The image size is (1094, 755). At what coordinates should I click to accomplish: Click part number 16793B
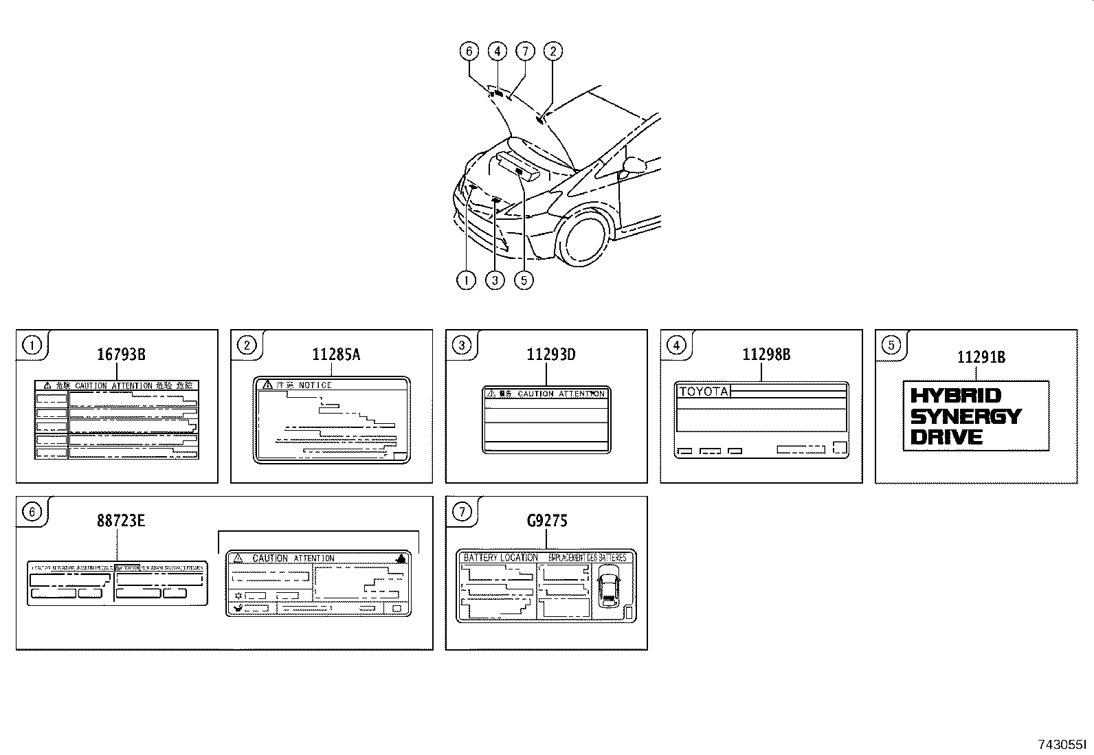click(x=121, y=354)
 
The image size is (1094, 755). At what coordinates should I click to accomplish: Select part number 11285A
click(x=336, y=354)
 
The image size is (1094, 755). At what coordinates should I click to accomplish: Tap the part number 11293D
click(x=551, y=354)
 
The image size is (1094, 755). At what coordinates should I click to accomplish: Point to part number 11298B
click(x=766, y=354)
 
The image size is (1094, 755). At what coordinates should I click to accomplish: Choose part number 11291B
click(x=981, y=357)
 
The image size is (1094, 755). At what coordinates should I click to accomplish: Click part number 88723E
click(x=121, y=521)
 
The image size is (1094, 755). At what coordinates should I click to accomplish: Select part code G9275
click(x=547, y=521)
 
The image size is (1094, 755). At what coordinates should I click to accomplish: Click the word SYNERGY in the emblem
click(x=965, y=416)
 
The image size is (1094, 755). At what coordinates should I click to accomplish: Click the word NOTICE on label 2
click(x=315, y=385)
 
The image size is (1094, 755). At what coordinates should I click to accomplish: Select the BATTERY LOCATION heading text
click(x=500, y=558)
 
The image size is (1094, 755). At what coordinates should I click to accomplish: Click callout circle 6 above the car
click(x=469, y=51)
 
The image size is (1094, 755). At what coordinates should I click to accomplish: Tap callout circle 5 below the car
click(x=524, y=280)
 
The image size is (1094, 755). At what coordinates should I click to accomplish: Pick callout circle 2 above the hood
click(x=552, y=51)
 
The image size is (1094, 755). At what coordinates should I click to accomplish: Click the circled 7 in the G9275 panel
click(x=462, y=511)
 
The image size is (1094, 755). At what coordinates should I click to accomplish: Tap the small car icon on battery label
click(x=607, y=587)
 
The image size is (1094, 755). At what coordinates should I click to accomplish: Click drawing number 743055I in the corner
click(x=1062, y=744)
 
